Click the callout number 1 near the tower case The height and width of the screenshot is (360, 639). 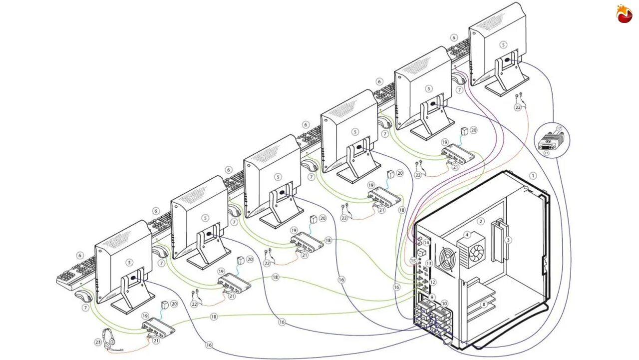[533, 176]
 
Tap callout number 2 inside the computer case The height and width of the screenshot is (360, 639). [481, 221]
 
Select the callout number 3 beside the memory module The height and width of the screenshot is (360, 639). [508, 240]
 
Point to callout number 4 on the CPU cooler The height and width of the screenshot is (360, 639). [467, 235]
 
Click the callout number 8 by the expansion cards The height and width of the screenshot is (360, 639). [483, 304]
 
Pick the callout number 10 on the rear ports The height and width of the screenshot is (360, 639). [444, 303]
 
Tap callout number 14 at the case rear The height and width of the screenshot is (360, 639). [427, 243]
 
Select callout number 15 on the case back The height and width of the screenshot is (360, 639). [413, 261]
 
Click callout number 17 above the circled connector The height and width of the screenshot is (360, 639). [560, 128]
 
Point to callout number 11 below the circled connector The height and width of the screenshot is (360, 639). [547, 153]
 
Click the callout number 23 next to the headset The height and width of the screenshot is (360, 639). [98, 343]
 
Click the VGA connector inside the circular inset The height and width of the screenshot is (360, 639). [550, 141]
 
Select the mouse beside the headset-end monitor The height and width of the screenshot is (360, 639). [82, 299]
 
